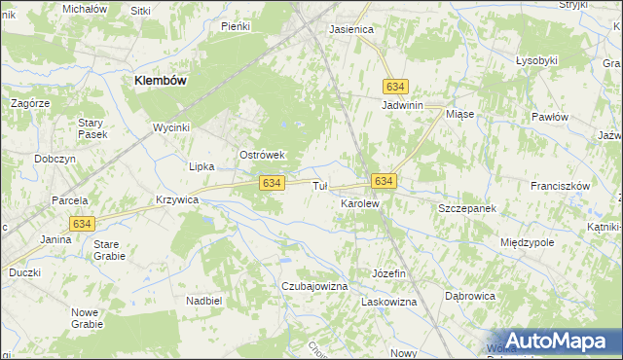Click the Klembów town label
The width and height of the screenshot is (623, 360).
[160, 82]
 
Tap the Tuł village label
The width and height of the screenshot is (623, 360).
[319, 186]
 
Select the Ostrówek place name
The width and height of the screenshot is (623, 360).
[261, 155]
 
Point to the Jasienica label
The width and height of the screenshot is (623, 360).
[351, 29]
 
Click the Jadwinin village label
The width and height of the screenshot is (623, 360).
[407, 105]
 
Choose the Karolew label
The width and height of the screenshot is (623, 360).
[358, 203]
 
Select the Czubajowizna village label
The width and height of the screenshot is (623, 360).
[314, 286]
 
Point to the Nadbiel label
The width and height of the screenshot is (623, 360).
[202, 301]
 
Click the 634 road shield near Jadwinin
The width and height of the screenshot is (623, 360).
[394, 86]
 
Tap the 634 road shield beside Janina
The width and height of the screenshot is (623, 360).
[82, 224]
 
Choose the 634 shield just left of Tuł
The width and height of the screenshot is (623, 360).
[272, 183]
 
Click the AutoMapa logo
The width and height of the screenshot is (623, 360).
[549, 341]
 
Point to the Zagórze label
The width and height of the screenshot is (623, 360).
[30, 102]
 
